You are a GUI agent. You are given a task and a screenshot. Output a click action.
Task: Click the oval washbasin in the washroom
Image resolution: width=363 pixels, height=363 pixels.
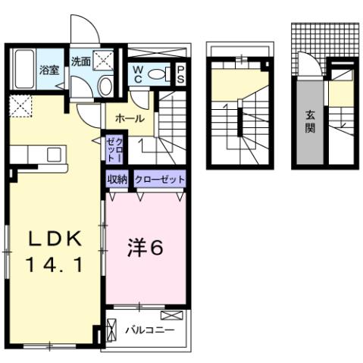(105, 86)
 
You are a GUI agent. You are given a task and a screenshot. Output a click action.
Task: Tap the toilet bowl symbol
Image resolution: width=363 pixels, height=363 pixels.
(160, 74)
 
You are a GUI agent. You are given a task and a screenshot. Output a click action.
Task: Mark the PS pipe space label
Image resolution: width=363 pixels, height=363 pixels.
(182, 74)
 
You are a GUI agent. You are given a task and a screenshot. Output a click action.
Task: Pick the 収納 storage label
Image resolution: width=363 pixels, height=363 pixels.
(117, 180)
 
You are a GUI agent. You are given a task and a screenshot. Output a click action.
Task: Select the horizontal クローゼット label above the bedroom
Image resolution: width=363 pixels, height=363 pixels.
(160, 180)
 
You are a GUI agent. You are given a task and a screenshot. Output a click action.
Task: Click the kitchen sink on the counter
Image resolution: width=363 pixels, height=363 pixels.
(55, 154)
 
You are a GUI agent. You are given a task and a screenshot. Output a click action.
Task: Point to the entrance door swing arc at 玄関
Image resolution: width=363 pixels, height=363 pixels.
(305, 62)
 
